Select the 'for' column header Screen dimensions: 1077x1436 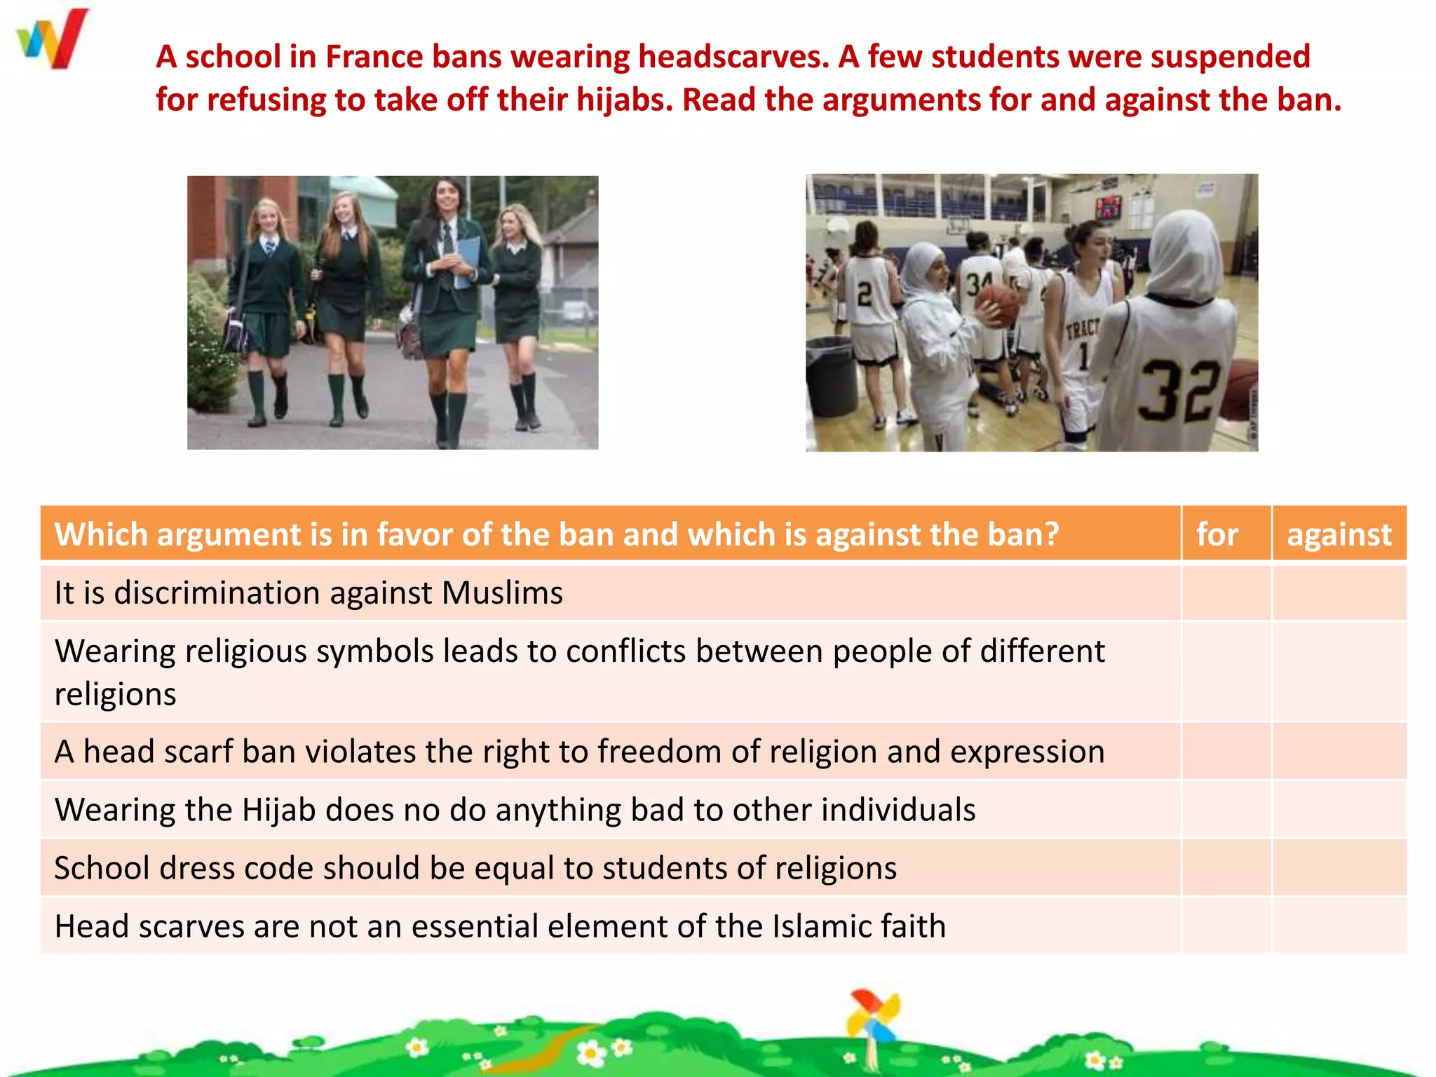point(1217,534)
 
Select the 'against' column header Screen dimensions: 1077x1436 point(1339,534)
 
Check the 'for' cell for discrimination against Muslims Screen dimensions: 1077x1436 point(1226,592)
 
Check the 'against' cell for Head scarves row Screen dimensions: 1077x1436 point(1339,926)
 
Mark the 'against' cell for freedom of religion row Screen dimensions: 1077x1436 point(1339,751)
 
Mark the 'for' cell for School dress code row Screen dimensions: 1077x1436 point(1226,867)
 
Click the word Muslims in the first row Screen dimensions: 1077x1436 point(502,593)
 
